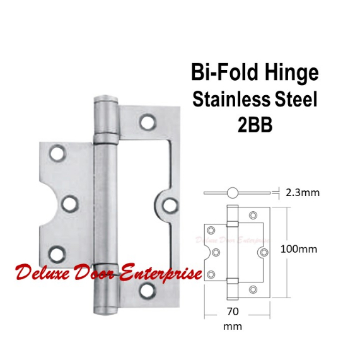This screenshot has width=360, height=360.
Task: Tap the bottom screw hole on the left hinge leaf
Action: click(x=57, y=253)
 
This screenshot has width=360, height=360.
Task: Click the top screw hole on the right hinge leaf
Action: click(x=148, y=120)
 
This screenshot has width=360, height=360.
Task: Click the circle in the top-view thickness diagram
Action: click(x=233, y=192)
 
